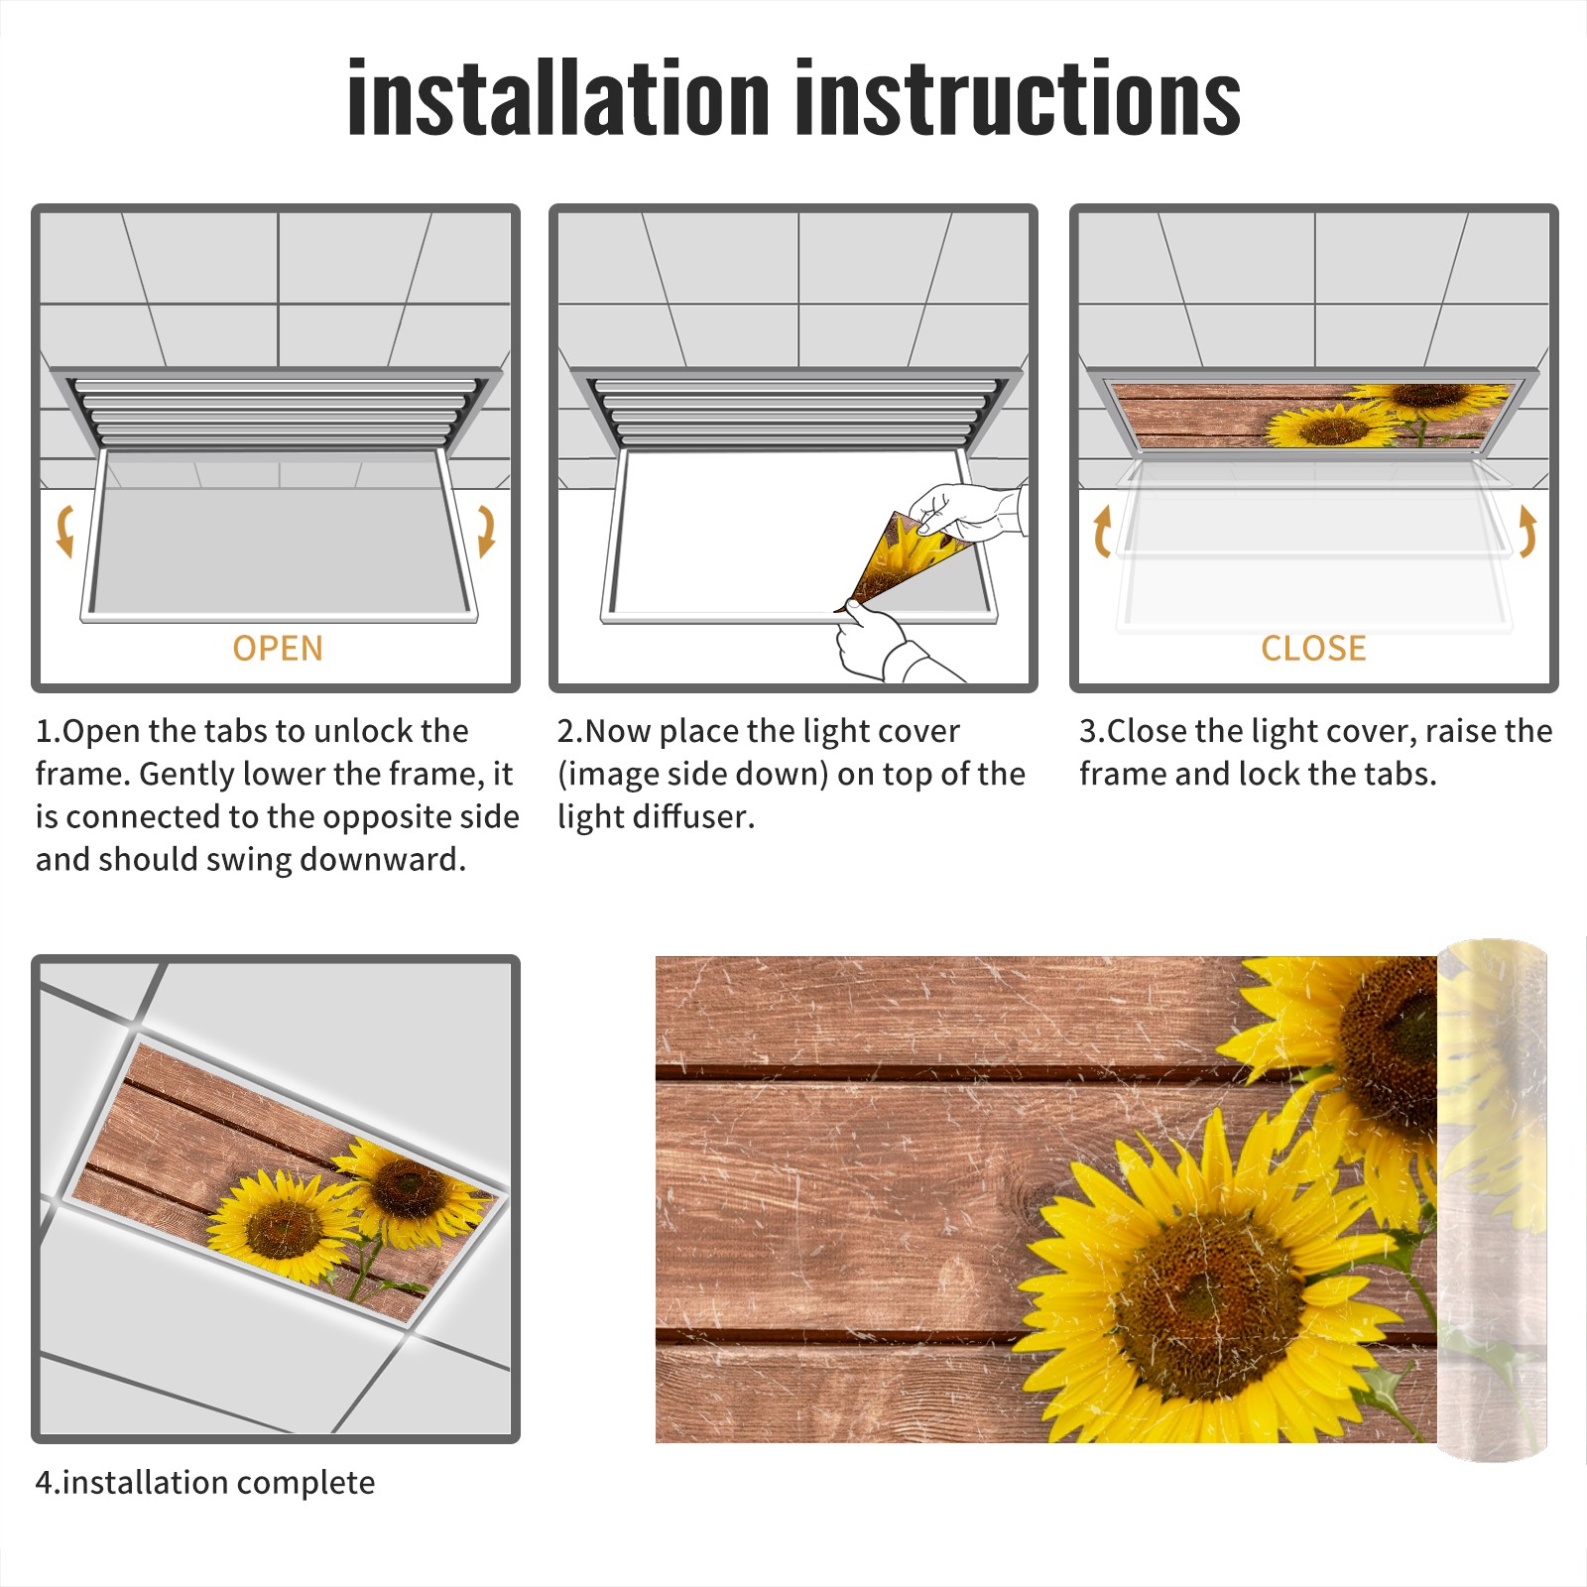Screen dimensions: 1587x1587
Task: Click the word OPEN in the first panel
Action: click(278, 649)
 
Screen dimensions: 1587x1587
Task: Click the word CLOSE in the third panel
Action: click(1313, 649)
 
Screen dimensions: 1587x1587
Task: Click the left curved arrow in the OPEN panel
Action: click(64, 531)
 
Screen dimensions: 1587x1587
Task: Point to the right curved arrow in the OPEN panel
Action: click(486, 531)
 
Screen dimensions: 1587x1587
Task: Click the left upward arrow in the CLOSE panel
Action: click(1102, 531)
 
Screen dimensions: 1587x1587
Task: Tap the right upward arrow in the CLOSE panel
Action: click(1527, 531)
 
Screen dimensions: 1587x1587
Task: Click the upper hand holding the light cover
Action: click(967, 512)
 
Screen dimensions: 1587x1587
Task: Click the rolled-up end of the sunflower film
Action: click(1492, 1200)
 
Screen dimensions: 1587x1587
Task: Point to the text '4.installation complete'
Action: click(205, 1483)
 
